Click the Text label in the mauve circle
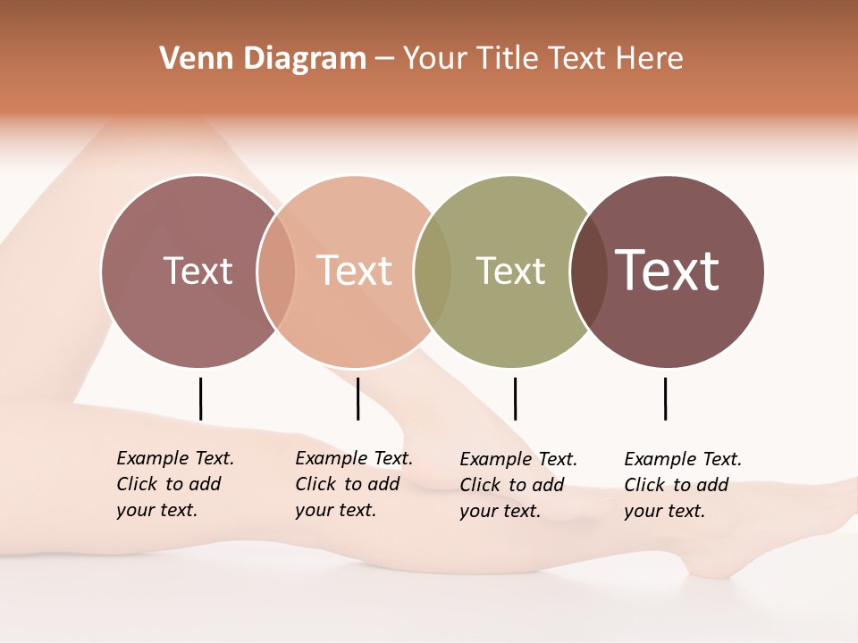click(198, 271)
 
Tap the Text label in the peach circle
click(355, 271)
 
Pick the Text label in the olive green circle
click(510, 271)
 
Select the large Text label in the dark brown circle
click(668, 271)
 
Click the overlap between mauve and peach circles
click(276, 271)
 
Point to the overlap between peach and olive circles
click(433, 271)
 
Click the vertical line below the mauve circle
click(200, 398)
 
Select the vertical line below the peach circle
click(357, 398)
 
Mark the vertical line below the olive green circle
click(515, 398)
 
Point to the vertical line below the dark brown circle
click(665, 398)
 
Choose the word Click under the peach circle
click(315, 484)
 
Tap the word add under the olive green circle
click(548, 485)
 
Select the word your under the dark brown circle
click(642, 511)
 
